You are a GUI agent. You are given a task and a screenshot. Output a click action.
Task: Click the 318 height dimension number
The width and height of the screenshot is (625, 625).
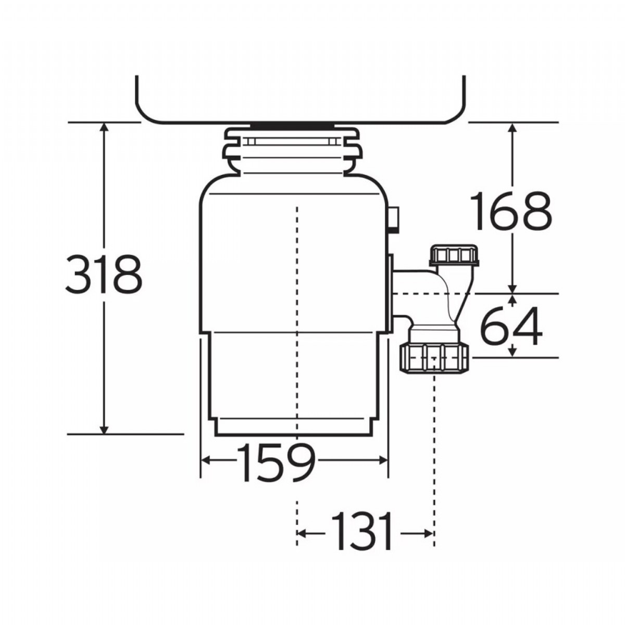(x=104, y=274)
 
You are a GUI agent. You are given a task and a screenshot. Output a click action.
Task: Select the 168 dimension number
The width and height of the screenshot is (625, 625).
(x=510, y=211)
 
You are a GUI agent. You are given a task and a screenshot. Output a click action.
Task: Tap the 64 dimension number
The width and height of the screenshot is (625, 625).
(x=510, y=326)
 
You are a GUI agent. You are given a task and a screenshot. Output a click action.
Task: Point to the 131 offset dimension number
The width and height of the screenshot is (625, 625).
(x=362, y=531)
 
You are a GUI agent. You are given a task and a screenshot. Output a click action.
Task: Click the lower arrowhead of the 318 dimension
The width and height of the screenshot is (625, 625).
(x=104, y=429)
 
